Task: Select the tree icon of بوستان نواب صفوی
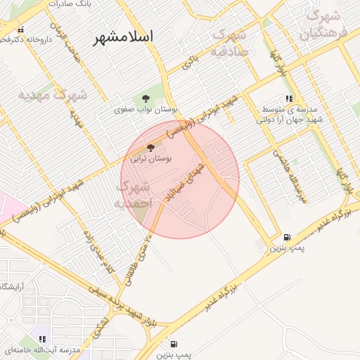coord(146,98)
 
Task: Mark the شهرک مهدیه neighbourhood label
coord(52,94)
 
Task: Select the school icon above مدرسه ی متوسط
coord(288,99)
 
